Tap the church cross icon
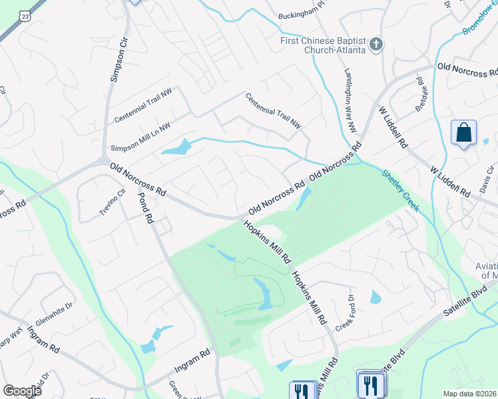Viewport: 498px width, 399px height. tap(376, 45)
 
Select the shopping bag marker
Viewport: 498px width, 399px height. tap(463, 132)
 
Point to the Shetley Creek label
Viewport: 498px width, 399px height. tap(400, 190)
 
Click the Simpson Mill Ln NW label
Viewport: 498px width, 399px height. tap(140, 136)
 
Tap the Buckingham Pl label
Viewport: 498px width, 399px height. tap(300, 18)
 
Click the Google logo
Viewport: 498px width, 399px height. tap(22, 391)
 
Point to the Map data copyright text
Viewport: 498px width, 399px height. tap(470, 394)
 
